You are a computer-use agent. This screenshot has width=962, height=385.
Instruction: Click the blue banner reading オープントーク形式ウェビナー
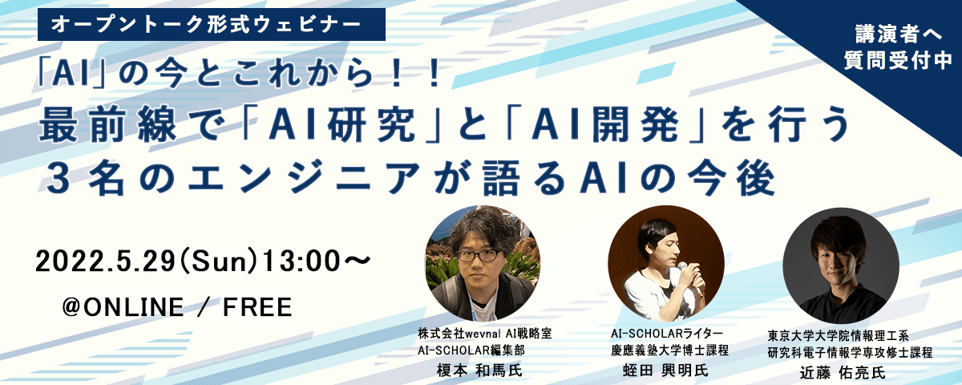(x=212, y=25)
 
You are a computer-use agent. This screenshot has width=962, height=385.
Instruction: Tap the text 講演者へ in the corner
(x=899, y=34)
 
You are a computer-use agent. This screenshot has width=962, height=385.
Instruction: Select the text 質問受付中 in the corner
(x=899, y=60)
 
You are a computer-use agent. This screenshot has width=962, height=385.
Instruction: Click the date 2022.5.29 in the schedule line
(x=106, y=261)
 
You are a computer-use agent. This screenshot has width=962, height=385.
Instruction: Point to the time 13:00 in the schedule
(x=301, y=261)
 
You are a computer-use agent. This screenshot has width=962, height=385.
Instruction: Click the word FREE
(x=257, y=307)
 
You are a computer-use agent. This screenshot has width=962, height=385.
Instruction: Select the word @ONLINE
(x=123, y=307)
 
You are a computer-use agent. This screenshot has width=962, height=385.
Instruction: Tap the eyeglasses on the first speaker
(x=478, y=256)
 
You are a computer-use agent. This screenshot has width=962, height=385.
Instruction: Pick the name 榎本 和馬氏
(x=479, y=370)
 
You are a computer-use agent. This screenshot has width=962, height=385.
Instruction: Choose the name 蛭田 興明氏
(x=665, y=370)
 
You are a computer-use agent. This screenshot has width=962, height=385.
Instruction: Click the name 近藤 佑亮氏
(x=843, y=372)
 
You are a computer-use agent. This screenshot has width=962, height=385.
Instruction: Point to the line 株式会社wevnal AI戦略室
(x=485, y=334)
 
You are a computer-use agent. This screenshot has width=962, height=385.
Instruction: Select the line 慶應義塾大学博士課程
(x=670, y=351)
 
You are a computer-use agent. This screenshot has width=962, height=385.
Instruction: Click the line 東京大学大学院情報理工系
(x=838, y=335)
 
